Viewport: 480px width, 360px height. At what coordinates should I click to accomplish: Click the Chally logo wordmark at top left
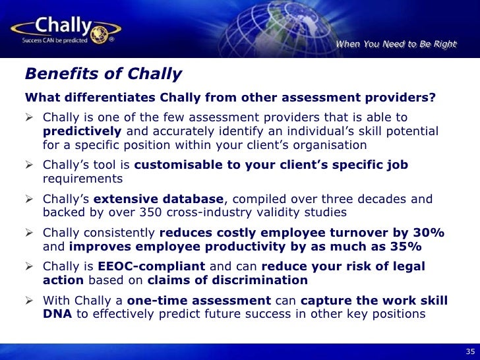click(64, 27)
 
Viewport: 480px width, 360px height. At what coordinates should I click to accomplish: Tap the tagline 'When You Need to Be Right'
click(396, 44)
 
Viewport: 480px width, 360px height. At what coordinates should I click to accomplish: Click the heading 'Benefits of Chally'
click(104, 73)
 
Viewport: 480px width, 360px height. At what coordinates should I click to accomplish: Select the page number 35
click(469, 351)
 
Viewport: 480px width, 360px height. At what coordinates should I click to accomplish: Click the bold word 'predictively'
click(82, 131)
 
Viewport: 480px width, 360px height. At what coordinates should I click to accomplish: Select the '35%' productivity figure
click(404, 247)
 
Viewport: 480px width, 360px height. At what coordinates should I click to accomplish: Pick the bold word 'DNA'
click(58, 314)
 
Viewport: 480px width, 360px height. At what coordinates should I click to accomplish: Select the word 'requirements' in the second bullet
click(82, 179)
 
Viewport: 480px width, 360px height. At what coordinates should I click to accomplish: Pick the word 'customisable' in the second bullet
click(173, 165)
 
